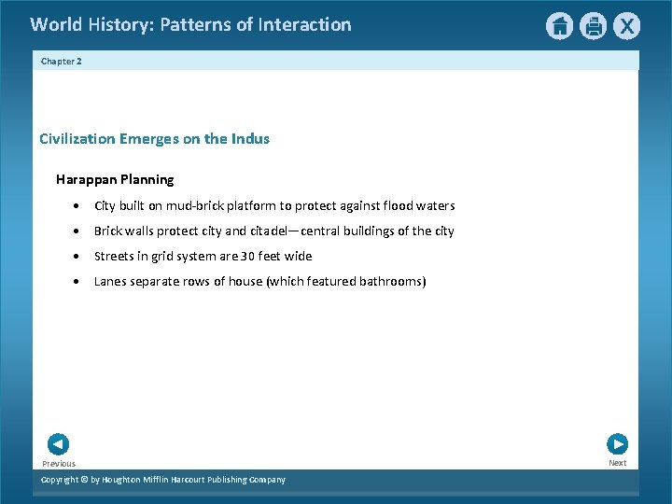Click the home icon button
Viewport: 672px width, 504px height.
coord(559,26)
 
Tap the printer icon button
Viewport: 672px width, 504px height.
coord(593,26)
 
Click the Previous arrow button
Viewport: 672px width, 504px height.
coord(58,444)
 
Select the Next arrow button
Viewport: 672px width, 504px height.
coord(617,444)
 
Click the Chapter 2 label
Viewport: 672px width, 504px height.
coord(62,61)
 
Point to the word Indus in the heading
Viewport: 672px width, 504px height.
coord(250,139)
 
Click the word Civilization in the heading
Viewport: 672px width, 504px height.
coord(77,139)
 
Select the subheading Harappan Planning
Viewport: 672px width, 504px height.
coord(115,179)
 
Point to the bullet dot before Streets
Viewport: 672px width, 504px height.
coord(75,257)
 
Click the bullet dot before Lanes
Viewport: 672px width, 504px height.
coord(75,282)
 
